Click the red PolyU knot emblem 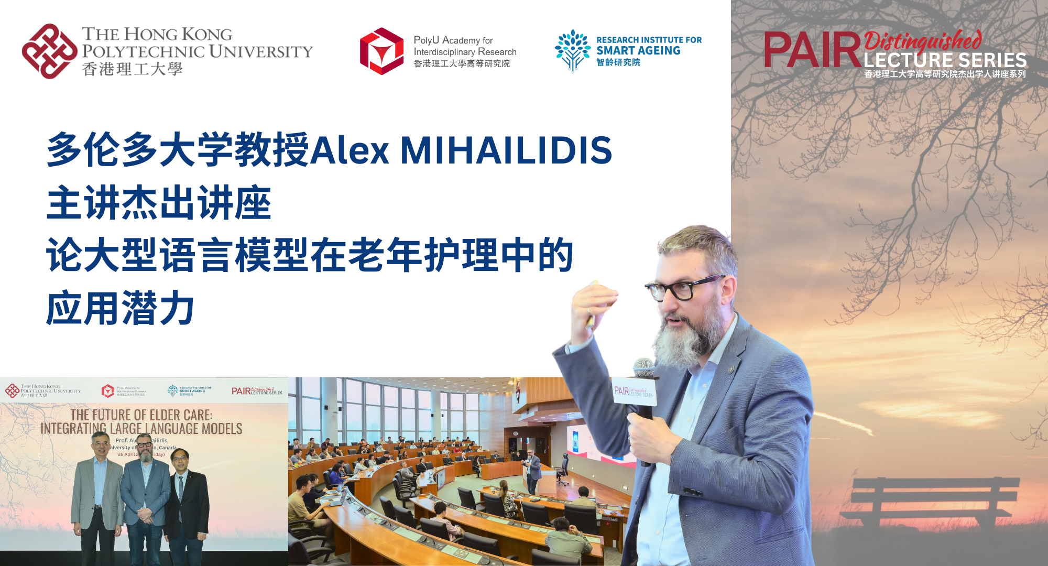pyautogui.click(x=49, y=51)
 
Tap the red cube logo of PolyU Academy pyautogui.click(x=381, y=51)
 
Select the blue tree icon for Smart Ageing pyautogui.click(x=572, y=50)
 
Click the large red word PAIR pyautogui.click(x=811, y=50)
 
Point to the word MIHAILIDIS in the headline pyautogui.click(x=506, y=150)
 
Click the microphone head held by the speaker pyautogui.click(x=645, y=367)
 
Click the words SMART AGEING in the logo pyautogui.click(x=638, y=51)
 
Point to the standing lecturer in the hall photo pyautogui.click(x=533, y=469)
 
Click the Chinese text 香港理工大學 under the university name pyautogui.click(x=132, y=69)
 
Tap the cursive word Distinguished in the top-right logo pyautogui.click(x=922, y=40)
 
